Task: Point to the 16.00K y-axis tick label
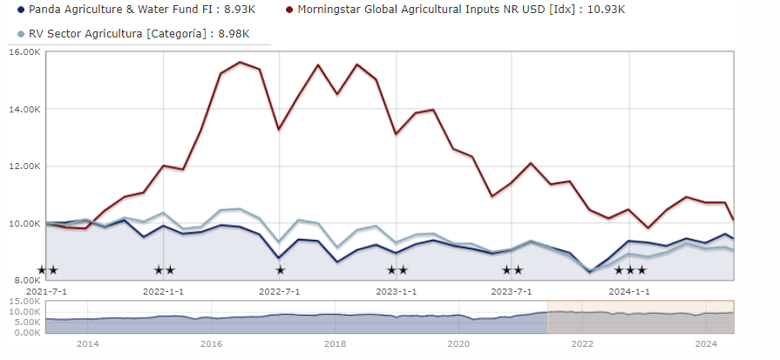point(24,52)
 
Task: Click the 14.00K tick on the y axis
point(24,110)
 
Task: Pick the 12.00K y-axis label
point(24,166)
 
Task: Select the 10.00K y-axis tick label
point(24,223)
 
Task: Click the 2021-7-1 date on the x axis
point(46,290)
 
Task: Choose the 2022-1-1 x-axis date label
point(163,290)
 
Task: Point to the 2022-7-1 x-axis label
point(280,290)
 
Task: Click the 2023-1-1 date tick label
point(396,290)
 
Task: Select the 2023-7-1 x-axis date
point(512,290)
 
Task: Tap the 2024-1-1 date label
point(628,290)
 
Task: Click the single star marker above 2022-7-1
point(280,270)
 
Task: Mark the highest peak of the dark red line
point(240,62)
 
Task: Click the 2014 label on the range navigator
point(87,344)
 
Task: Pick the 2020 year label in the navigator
point(458,344)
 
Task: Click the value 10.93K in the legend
point(607,10)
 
